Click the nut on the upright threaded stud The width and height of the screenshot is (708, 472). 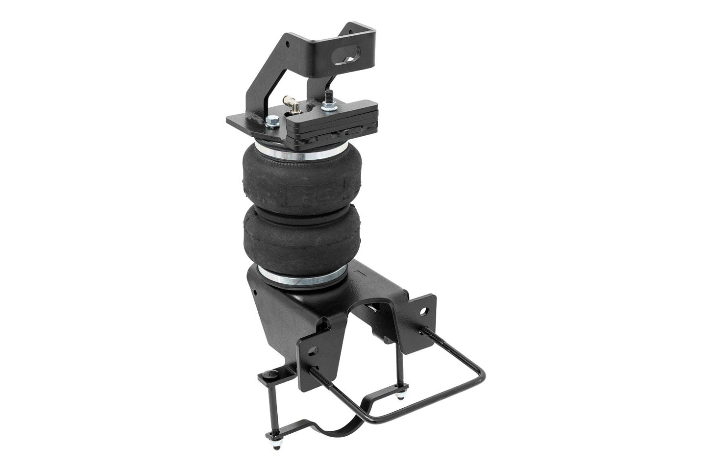tap(327, 106)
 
